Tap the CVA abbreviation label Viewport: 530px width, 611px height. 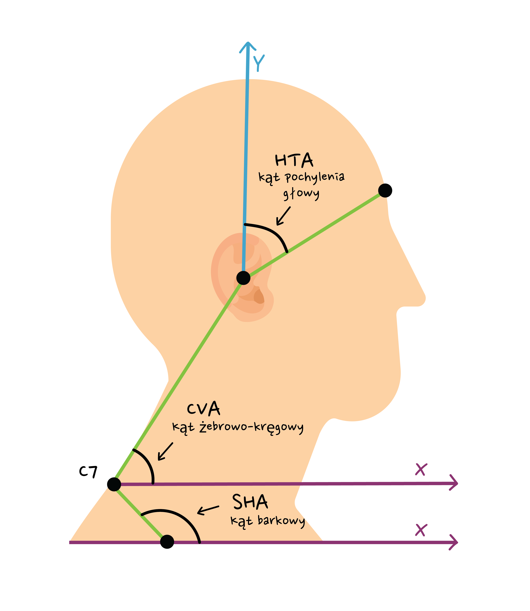[203, 409]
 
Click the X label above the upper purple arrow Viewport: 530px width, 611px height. [421, 469]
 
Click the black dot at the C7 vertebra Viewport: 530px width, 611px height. [114, 484]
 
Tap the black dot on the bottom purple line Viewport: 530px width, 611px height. [167, 542]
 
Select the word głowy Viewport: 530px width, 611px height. [301, 194]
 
